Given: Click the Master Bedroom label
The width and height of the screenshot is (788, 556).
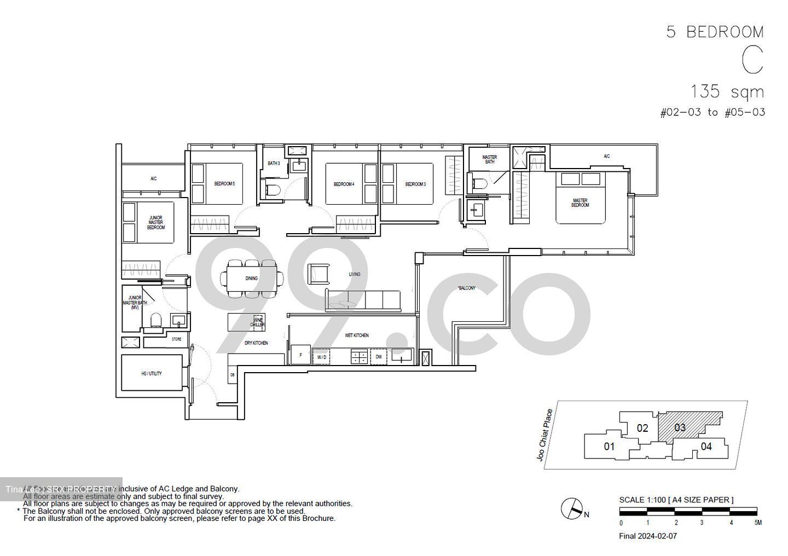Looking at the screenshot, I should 580,203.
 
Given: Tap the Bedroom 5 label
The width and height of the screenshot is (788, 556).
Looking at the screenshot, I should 224,184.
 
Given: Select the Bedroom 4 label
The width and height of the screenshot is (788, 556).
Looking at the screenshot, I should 344,184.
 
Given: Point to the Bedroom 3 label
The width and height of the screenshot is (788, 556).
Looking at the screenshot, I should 415,184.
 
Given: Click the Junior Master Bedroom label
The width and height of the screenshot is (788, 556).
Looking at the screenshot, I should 155,223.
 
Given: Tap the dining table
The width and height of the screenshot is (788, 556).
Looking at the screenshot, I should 252,279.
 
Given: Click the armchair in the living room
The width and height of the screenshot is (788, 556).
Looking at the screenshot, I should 320,274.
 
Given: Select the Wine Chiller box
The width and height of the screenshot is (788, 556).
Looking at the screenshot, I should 258,322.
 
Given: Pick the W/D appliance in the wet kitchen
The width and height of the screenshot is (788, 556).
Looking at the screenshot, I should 322,357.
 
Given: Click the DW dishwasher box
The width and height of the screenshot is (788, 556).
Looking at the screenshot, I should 379,357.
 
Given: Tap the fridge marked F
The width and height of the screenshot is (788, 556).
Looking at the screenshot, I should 300,355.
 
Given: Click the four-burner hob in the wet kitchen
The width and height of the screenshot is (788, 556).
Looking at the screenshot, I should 360,357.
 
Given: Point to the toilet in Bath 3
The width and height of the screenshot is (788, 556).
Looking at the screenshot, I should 272,190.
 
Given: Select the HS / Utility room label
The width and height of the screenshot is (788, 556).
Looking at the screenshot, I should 152,373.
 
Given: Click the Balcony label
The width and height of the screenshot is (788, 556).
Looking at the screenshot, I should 467,288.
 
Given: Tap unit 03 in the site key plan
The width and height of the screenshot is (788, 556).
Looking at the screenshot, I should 680,427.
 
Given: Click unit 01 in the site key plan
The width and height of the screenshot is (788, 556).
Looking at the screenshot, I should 609,447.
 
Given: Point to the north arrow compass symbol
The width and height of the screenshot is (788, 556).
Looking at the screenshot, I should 571,509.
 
